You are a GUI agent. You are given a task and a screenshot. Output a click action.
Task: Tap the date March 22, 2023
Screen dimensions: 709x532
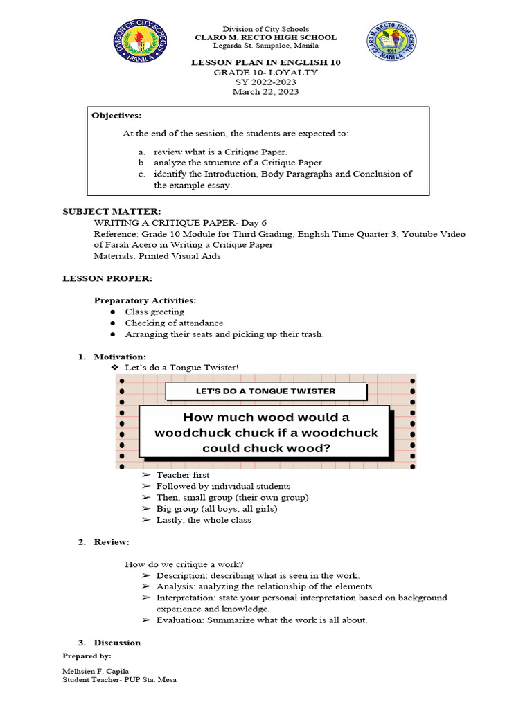tap(265, 91)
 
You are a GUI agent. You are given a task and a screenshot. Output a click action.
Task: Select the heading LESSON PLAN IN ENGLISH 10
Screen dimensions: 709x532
tap(265, 62)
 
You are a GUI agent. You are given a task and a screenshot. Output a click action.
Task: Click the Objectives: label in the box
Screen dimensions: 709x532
tap(116, 116)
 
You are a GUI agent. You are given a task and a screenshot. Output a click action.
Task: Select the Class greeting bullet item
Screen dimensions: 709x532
tap(154, 312)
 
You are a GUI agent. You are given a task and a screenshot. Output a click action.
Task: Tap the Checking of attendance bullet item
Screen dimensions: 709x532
tap(174, 323)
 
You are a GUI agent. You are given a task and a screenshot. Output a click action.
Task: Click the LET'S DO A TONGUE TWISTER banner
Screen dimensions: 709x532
tap(256, 391)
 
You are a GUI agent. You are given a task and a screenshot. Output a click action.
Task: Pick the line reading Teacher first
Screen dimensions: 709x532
tap(183, 475)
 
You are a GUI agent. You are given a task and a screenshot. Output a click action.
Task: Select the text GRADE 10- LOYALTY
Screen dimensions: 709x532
tap(265, 72)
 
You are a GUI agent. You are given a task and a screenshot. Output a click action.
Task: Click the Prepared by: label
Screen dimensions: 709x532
tap(87, 655)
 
